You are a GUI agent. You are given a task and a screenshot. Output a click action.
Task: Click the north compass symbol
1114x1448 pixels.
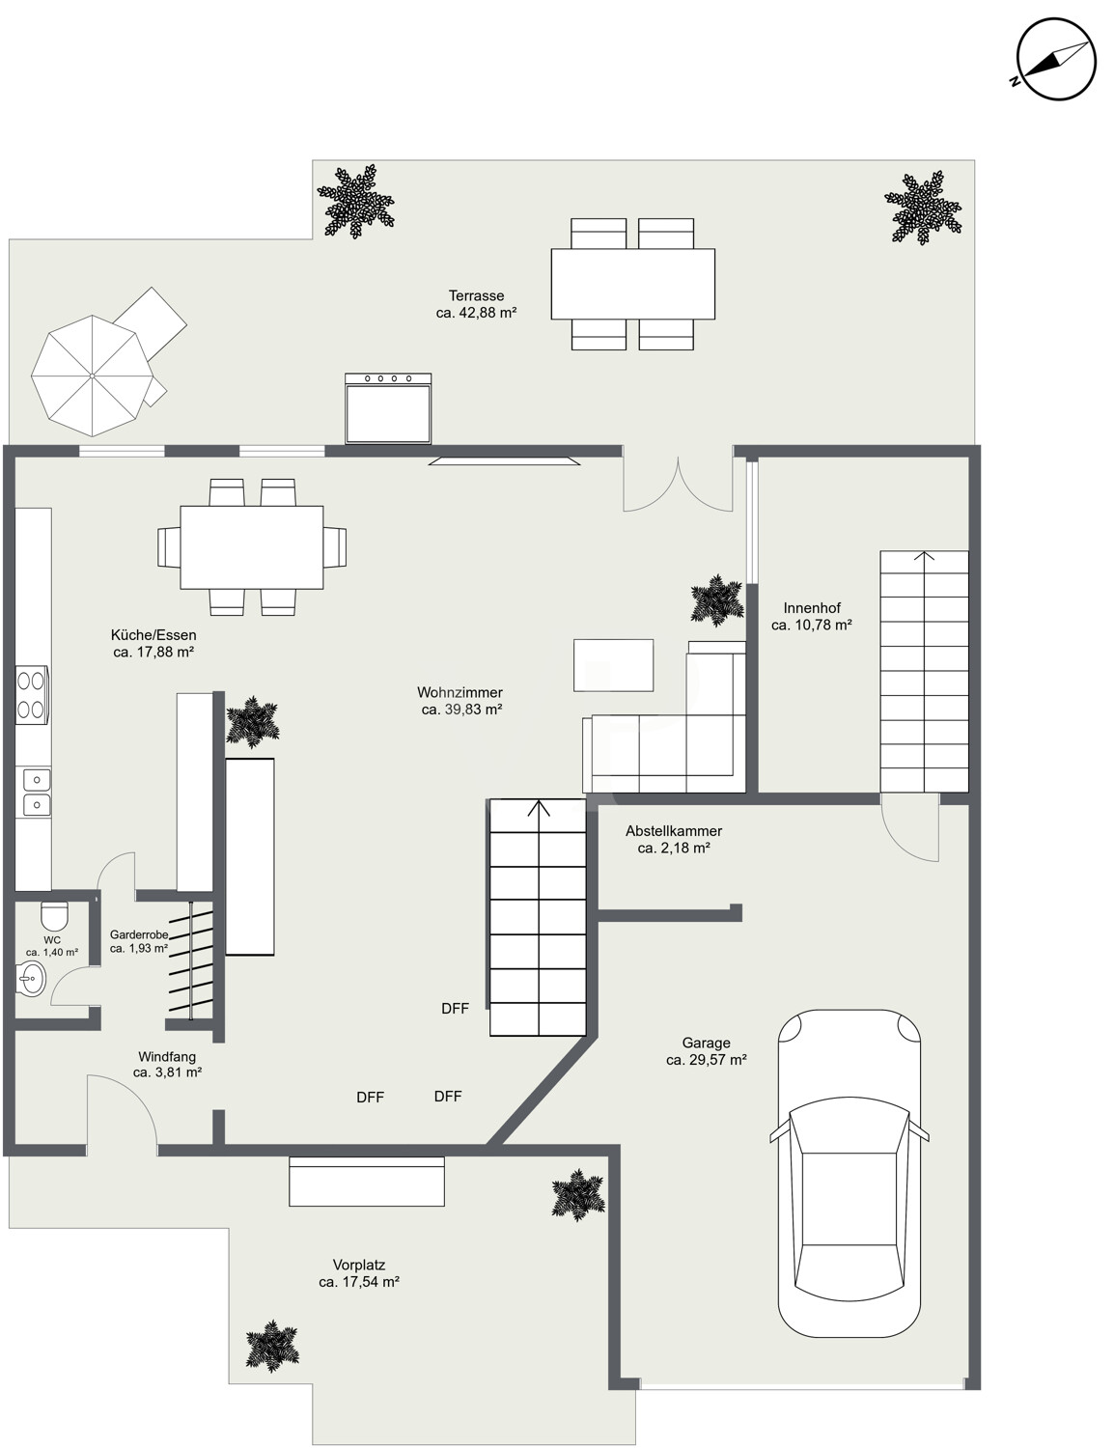click(x=1055, y=59)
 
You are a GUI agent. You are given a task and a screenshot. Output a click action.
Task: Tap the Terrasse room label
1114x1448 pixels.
click(x=476, y=295)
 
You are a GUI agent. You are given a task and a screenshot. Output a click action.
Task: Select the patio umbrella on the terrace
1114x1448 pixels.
click(x=92, y=376)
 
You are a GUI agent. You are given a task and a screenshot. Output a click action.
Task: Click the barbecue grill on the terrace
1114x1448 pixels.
click(x=388, y=408)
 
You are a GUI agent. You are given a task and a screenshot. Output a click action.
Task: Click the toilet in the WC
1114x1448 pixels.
click(x=55, y=915)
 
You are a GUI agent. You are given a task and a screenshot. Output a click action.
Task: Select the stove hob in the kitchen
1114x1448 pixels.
click(x=32, y=694)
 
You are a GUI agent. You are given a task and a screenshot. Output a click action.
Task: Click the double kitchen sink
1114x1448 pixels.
click(x=37, y=792)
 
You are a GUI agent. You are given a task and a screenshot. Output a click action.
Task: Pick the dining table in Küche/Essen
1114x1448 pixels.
click(x=252, y=547)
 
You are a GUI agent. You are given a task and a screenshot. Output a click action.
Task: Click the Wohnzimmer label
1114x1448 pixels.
click(x=460, y=692)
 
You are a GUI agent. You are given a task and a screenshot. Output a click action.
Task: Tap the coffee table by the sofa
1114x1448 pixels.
click(x=613, y=665)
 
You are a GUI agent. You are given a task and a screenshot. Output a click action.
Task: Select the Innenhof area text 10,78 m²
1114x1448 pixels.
click(x=812, y=625)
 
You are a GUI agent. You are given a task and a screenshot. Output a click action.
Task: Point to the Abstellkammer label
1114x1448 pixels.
click(x=674, y=831)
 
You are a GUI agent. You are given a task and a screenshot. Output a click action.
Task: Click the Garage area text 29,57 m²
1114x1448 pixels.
click(x=707, y=1060)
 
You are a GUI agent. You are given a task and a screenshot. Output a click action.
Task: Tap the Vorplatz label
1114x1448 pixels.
click(x=359, y=1265)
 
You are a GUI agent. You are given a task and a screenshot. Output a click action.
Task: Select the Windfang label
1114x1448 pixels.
click(x=167, y=1056)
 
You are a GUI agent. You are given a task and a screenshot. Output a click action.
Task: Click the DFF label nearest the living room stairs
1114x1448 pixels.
click(x=455, y=1008)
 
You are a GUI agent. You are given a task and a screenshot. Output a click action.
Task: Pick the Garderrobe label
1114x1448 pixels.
click(x=139, y=934)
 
